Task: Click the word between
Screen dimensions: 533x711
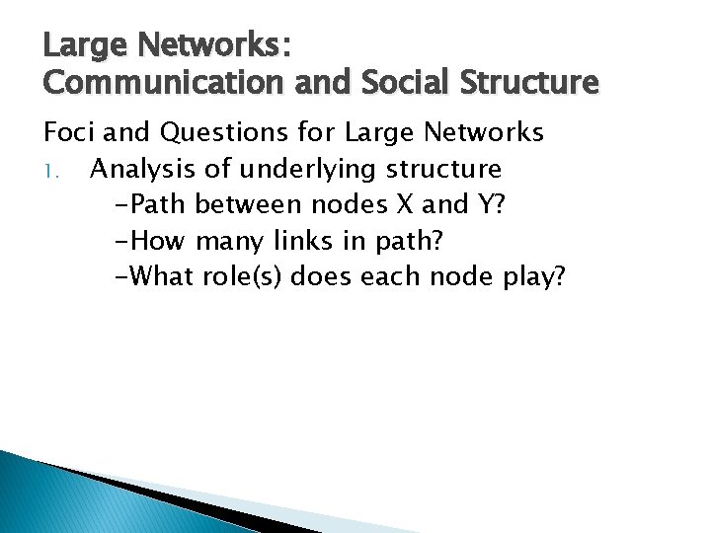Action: coord(250,204)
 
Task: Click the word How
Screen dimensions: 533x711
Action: coord(154,240)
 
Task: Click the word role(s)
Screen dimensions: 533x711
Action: coord(243,275)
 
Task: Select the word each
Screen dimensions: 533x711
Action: coord(392,275)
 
